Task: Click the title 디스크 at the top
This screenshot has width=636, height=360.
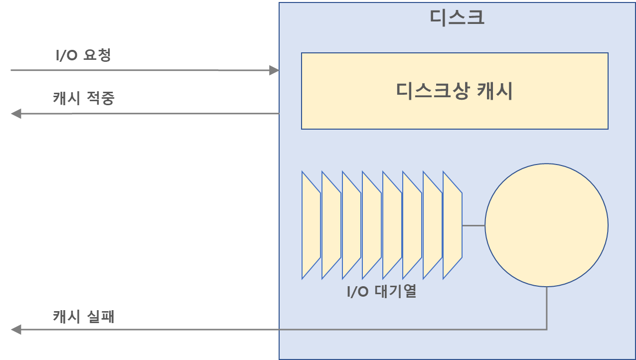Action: [457, 17]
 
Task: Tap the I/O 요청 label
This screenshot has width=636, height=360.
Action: [83, 55]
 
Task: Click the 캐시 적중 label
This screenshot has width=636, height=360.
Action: [84, 98]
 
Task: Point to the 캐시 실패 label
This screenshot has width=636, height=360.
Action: [84, 316]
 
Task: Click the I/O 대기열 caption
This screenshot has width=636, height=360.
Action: [381, 291]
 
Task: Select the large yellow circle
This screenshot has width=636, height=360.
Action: [546, 225]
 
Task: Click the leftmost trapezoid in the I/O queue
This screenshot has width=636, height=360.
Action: [311, 225]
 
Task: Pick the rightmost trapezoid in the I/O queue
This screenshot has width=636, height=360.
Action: [452, 225]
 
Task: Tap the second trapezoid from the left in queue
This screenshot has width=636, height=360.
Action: [331, 225]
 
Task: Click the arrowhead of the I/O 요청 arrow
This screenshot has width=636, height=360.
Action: [274, 70]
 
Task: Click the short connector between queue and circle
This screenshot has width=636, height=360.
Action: [473, 225]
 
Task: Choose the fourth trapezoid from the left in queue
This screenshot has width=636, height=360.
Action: [371, 225]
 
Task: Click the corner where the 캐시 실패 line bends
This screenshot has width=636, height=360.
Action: [547, 330]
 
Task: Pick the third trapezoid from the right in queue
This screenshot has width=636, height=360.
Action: [412, 225]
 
